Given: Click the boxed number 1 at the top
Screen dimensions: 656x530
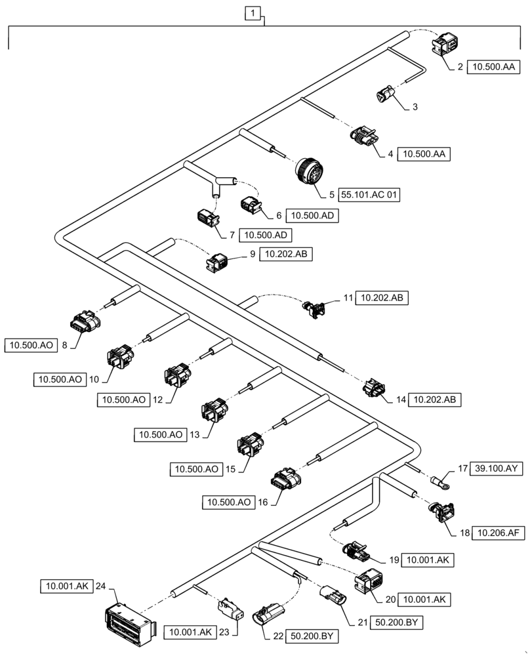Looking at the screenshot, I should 253,12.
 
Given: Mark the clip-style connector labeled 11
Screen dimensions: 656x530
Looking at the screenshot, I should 316,308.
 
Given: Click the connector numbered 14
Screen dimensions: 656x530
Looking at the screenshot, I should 374,389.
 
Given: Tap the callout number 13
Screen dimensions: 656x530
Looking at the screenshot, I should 194,434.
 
